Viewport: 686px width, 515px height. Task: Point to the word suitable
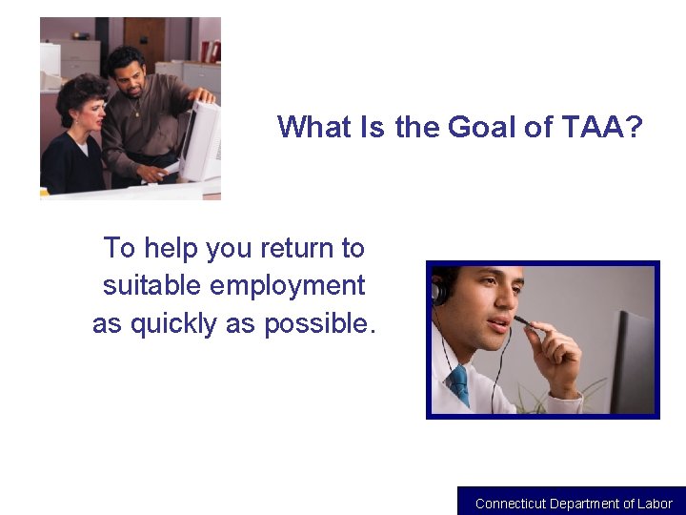coord(151,285)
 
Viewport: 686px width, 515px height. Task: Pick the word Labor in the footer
coord(655,504)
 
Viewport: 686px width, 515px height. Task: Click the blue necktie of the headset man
coord(460,384)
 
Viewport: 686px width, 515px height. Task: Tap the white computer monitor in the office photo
coord(202,140)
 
